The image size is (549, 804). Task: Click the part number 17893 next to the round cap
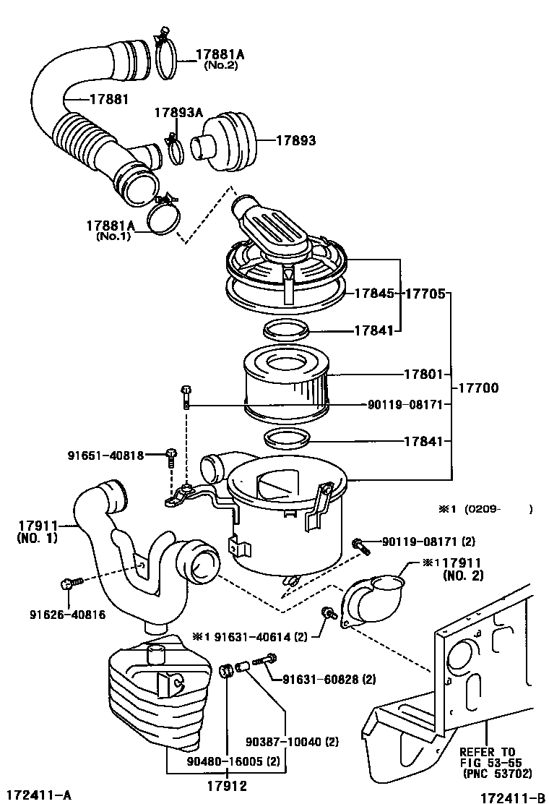click(x=295, y=141)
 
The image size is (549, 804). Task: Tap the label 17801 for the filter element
click(x=423, y=375)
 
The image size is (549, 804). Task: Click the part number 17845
click(x=373, y=294)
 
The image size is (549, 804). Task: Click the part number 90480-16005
click(x=224, y=762)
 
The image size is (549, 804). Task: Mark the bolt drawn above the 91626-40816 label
click(x=71, y=582)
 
